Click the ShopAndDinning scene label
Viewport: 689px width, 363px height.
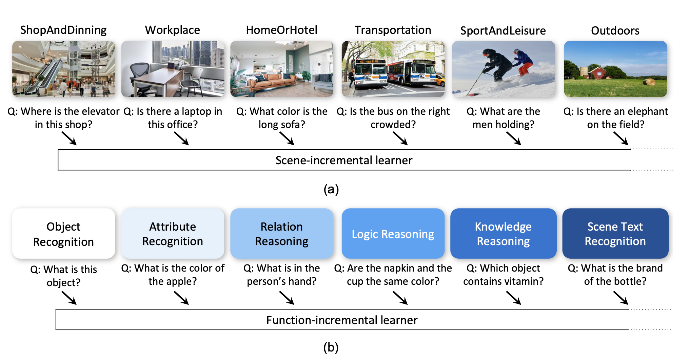click(x=63, y=30)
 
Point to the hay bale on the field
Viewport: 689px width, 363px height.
click(x=649, y=82)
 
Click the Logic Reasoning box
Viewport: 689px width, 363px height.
click(x=393, y=234)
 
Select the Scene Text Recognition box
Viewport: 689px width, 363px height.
click(x=615, y=234)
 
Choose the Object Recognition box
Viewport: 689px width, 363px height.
click(x=63, y=234)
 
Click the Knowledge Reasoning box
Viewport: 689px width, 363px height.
click(x=503, y=234)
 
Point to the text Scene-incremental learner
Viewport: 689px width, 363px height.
click(x=344, y=160)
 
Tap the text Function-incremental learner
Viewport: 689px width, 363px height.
click(x=342, y=320)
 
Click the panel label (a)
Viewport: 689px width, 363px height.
click(x=331, y=189)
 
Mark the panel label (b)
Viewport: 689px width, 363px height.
click(x=331, y=347)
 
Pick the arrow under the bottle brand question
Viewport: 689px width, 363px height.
click(x=621, y=298)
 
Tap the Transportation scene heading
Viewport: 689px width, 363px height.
click(x=393, y=30)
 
